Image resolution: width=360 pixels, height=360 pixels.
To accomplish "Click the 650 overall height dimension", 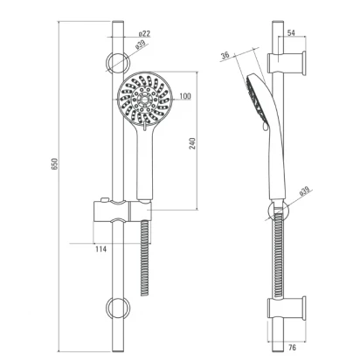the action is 55,164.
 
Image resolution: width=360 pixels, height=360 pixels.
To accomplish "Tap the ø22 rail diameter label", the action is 144,33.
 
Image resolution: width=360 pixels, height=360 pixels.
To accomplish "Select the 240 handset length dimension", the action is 192,143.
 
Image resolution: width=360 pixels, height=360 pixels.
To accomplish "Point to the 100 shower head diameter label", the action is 185,96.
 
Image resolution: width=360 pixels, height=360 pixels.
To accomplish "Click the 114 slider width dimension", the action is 100,249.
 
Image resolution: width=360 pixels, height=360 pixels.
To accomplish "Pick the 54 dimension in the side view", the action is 291,32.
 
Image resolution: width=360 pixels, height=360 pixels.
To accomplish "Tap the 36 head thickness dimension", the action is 225,55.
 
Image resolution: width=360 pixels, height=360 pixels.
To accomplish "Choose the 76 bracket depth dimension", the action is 292,347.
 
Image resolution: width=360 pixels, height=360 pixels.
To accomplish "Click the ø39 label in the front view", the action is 140,45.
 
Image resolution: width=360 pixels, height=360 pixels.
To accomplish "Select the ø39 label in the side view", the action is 304,191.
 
